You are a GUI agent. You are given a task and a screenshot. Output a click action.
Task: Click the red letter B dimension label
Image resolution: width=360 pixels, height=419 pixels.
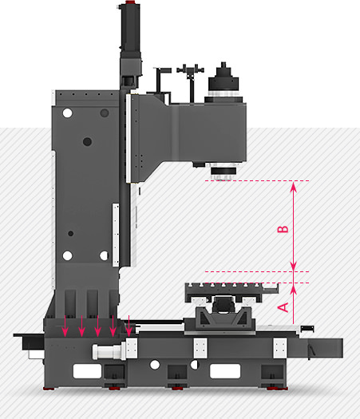pos(283,229)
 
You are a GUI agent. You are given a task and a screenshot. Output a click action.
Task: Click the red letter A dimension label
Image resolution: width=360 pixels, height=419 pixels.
pos(283,307)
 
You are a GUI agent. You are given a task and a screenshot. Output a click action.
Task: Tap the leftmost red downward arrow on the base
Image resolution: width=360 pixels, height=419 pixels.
pos(65,326)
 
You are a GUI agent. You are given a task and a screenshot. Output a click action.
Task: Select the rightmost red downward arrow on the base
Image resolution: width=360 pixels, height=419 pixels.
pos(129,326)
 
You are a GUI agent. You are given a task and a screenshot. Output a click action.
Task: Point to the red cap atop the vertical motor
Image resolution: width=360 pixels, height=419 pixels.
pos(130,2)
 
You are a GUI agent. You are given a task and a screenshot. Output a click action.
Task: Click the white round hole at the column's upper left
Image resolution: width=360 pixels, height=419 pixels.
pos(67,113)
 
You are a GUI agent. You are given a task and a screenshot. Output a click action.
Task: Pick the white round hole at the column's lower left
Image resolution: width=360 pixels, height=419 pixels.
pos(67,255)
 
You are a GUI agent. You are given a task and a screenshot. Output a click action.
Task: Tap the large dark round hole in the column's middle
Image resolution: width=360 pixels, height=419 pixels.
pos(87,141)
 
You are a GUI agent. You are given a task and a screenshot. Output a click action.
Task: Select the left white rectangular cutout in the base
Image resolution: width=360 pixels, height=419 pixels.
pos(87,371)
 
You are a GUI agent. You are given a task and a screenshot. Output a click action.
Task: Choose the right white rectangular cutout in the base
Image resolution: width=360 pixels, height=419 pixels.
pos(225,371)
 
